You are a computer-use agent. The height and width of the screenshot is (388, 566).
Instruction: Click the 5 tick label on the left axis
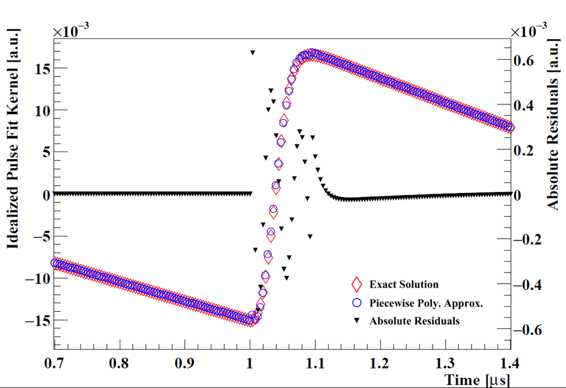point(42,152)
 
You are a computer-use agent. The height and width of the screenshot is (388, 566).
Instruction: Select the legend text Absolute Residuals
point(414,321)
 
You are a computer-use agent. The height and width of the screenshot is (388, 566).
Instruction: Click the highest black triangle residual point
point(253,53)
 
